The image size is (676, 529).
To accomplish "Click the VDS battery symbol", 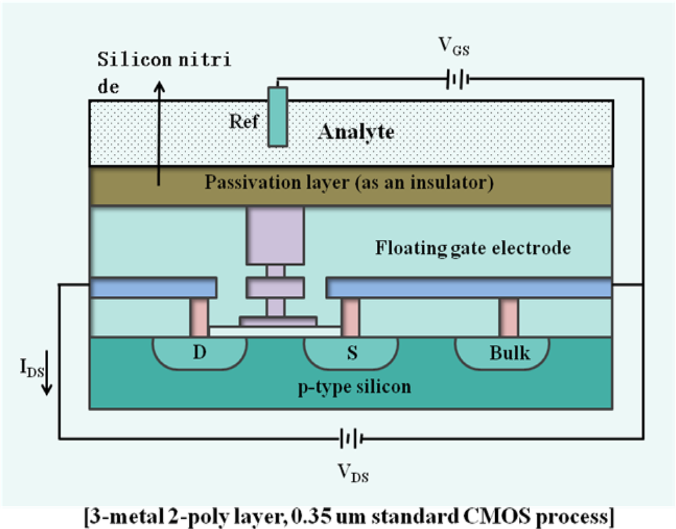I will click(349, 438).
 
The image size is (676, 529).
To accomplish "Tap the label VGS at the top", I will click(454, 47).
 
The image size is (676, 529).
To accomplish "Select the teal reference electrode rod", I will click(277, 116).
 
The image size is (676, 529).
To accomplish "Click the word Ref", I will click(244, 122).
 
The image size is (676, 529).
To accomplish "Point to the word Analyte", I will click(356, 132).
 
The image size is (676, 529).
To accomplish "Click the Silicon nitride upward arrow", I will click(158, 132).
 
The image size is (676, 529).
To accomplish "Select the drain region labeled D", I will click(199, 353).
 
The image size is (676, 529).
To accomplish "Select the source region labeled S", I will click(351, 353).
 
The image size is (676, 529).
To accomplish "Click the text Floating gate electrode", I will click(473, 248).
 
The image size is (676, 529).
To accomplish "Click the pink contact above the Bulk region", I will click(508, 318).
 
